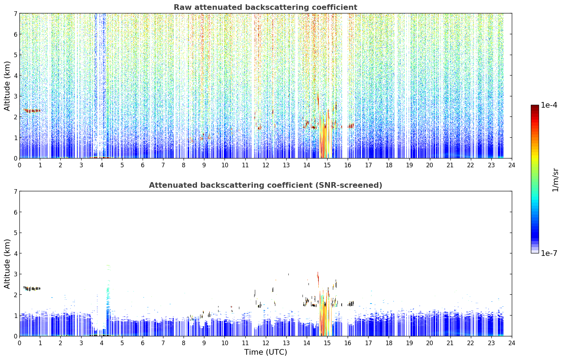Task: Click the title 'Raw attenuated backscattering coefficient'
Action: [265, 7]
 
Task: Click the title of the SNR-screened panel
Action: [265, 185]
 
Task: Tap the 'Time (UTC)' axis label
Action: [265, 352]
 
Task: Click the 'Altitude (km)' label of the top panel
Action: [7, 86]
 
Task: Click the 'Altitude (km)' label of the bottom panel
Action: [7, 264]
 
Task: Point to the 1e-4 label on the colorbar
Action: [549, 105]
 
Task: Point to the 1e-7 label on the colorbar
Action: [549, 253]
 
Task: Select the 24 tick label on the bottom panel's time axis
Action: [512, 343]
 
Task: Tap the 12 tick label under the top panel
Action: [266, 165]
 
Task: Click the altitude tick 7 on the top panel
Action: [15, 13]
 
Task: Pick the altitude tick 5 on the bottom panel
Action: [15, 233]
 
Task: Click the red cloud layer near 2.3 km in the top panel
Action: [32, 110]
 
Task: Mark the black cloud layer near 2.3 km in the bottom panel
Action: [32, 288]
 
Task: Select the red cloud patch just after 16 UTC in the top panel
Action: [351, 126]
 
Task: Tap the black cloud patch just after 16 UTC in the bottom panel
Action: [351, 304]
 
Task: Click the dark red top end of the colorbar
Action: [535, 107]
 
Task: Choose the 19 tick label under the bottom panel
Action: [409, 343]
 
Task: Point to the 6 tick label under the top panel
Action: [143, 165]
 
